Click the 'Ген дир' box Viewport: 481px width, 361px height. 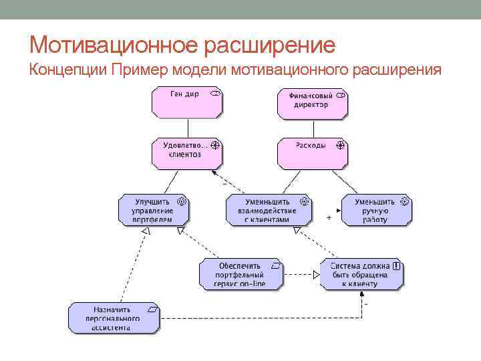187,103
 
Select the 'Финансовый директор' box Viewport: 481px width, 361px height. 313,104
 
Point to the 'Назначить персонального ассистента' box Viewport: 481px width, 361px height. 114,319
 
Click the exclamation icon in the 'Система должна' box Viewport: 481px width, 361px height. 397,265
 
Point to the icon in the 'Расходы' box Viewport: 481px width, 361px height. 339,144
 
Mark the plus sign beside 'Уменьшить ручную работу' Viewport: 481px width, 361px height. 329,218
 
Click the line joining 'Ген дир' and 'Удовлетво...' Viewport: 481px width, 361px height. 188,128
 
